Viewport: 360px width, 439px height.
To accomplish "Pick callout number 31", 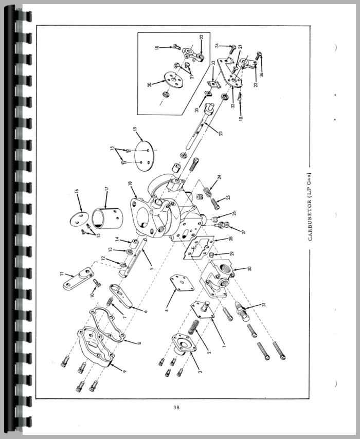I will point(264,305).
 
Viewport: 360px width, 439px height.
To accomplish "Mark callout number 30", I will point(250,269).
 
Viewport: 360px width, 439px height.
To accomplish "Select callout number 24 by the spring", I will point(219,177).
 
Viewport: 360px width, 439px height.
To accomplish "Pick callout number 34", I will point(218,46).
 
